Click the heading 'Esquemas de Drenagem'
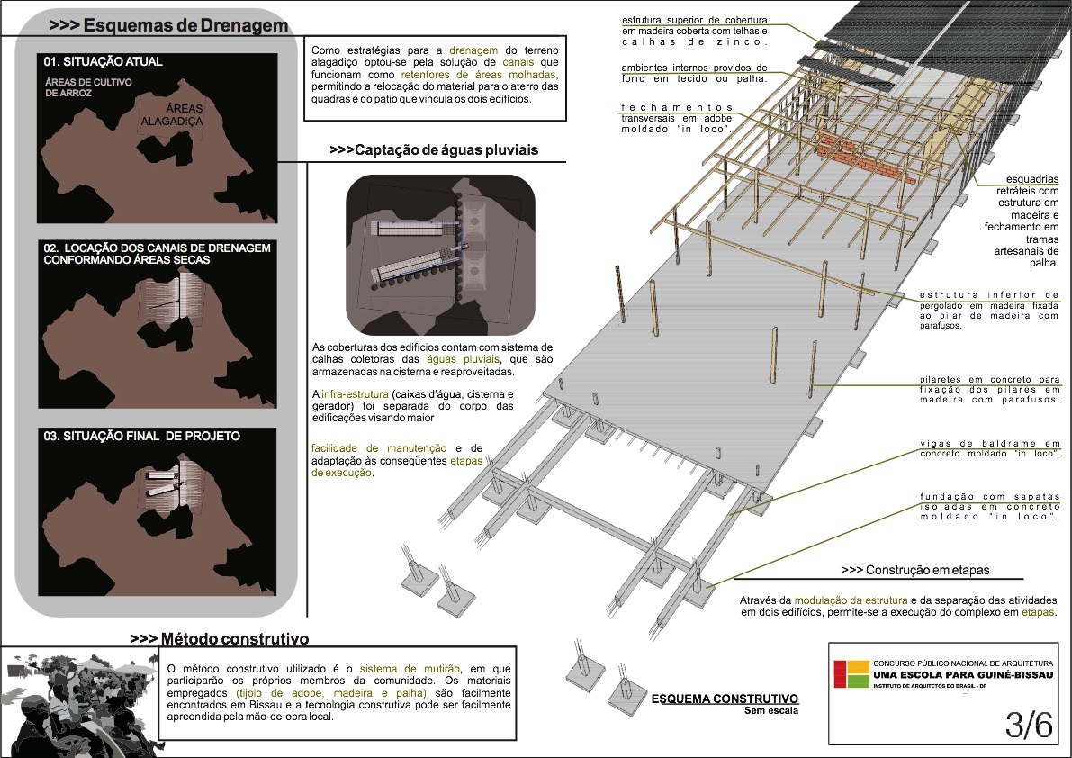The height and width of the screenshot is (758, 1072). (x=168, y=26)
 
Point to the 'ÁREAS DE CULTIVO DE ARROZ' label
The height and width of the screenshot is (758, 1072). (x=84, y=86)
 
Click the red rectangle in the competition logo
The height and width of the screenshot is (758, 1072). (x=839, y=674)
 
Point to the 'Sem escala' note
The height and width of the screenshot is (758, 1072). (x=770, y=710)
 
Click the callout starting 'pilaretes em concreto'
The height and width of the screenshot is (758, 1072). (x=989, y=389)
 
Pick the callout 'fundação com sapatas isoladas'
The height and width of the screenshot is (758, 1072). (x=989, y=507)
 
